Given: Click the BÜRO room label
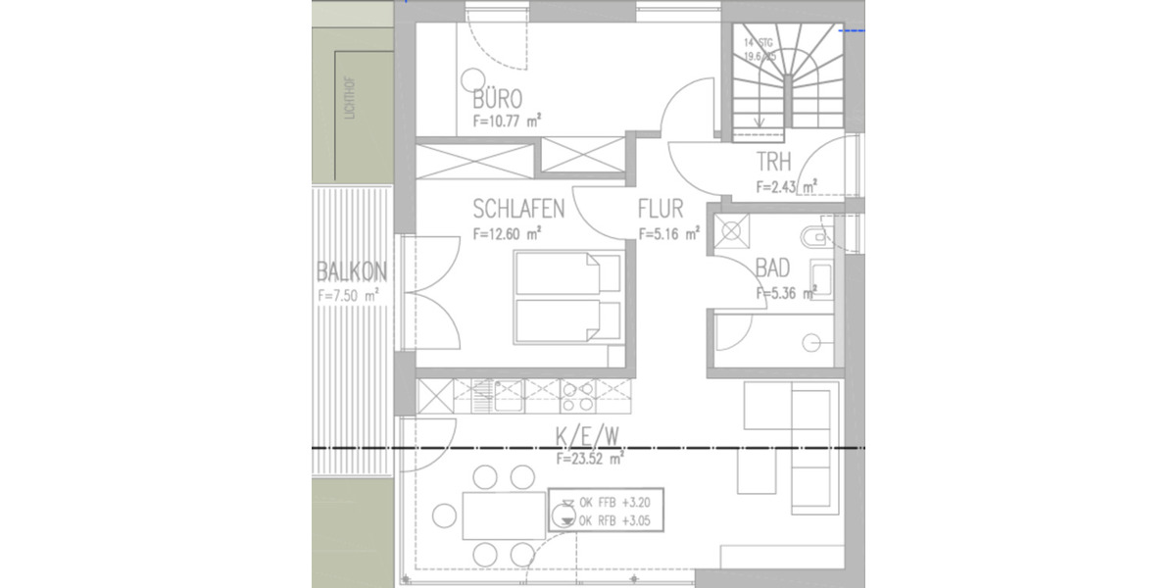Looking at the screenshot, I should pos(497,99).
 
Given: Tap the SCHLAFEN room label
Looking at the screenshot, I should pos(518,210).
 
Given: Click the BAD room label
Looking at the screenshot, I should pos(773,269).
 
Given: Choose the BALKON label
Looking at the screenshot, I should pos(352,271).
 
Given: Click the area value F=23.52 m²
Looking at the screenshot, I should pos(591,458).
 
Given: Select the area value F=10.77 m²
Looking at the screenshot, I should pos(508,122).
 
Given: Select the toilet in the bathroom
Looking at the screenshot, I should pos(814,237).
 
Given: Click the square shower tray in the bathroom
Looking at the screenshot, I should pos(731,232).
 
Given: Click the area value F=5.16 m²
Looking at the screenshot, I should pos(668,234).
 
